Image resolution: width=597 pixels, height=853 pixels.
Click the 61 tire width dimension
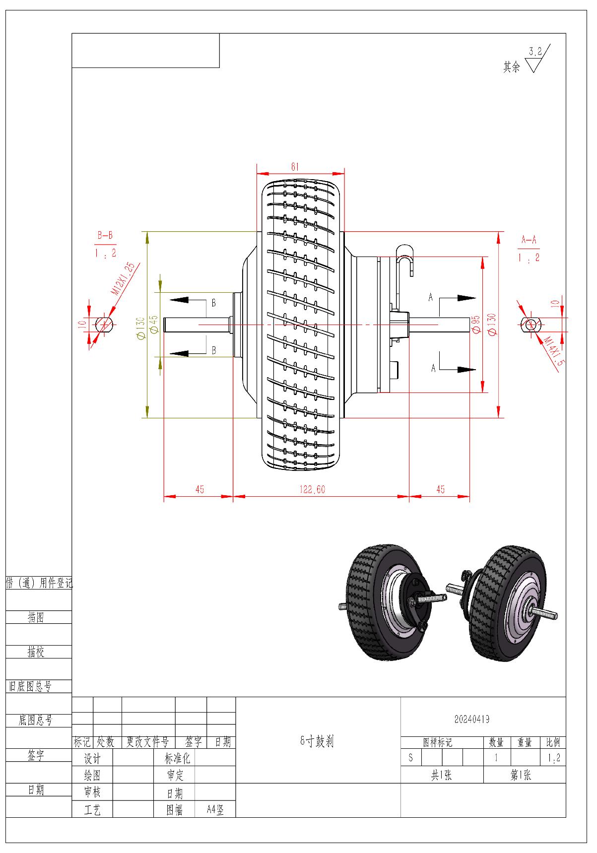coord(295,167)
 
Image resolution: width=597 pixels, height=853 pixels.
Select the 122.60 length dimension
coord(312,489)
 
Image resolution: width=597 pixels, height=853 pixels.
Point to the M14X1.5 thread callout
coord(554,351)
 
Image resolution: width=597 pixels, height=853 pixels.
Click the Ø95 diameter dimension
coord(475,324)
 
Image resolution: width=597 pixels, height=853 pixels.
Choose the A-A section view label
coord(529,241)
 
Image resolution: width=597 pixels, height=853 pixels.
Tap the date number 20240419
coord(471,719)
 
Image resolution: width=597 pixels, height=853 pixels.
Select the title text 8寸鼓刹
coord(317,742)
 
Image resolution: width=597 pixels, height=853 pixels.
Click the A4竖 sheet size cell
coord(215,810)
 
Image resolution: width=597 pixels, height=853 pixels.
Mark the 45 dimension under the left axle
coord(199,489)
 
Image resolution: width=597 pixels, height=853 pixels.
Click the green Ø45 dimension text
coord(153,324)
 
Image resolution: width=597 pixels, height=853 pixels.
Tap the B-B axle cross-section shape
coord(104,325)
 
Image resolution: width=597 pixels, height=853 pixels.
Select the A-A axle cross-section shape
coord(530,325)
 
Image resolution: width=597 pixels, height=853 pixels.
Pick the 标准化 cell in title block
coord(177,758)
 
